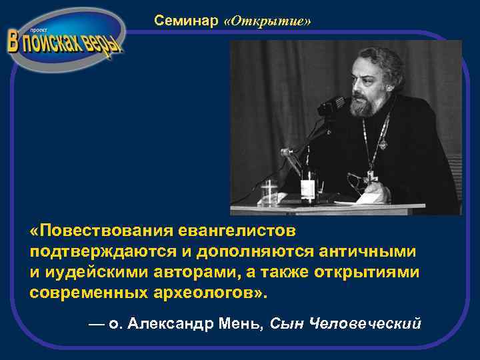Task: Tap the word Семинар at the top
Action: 186,21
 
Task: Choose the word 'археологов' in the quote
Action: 199,293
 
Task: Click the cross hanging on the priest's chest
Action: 371,177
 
